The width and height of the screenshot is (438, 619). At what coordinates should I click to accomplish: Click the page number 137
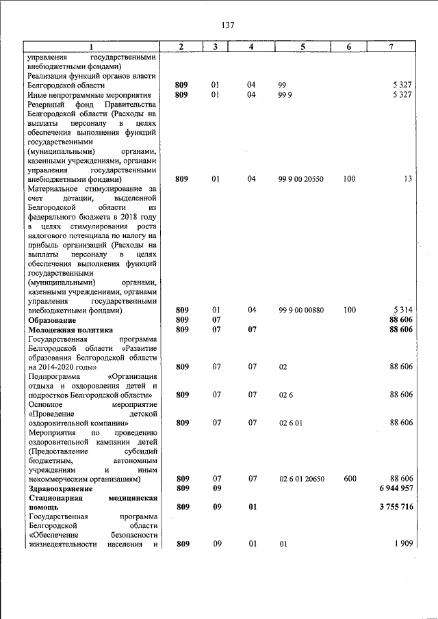(x=228, y=25)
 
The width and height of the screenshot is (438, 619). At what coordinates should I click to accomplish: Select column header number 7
(x=390, y=47)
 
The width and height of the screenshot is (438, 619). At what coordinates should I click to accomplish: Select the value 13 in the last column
(x=407, y=179)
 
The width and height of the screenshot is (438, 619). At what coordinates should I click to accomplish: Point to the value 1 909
(x=401, y=544)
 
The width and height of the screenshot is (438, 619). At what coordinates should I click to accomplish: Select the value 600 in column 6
(x=350, y=479)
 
